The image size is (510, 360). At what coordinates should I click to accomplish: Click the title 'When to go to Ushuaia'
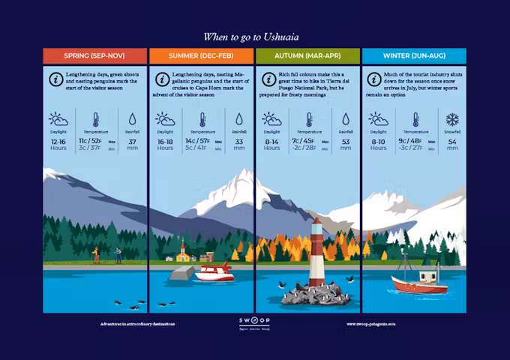(255, 36)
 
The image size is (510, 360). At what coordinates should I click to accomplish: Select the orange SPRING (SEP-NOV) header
(94, 56)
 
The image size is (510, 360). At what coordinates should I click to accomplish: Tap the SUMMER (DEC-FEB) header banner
(201, 56)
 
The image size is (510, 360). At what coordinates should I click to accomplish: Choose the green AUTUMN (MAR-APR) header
(307, 56)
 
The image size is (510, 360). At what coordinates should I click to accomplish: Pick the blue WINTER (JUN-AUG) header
(414, 56)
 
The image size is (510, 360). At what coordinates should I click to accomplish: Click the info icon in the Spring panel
(55, 79)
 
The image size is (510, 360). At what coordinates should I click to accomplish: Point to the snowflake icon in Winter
(452, 119)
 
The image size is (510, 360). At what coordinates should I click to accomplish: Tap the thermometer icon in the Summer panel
(202, 119)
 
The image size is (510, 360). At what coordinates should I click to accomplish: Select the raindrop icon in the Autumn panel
(346, 119)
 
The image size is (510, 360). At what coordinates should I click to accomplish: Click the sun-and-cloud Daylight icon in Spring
(58, 119)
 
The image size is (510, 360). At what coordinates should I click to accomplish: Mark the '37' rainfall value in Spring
(133, 141)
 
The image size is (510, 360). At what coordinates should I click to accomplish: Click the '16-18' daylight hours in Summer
(165, 141)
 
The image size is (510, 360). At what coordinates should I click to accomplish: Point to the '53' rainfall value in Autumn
(346, 141)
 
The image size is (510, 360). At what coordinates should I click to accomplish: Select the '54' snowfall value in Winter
(452, 141)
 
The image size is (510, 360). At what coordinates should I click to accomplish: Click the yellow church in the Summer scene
(182, 253)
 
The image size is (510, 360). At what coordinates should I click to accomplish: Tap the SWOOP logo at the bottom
(255, 322)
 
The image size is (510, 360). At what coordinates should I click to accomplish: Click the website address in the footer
(370, 324)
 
